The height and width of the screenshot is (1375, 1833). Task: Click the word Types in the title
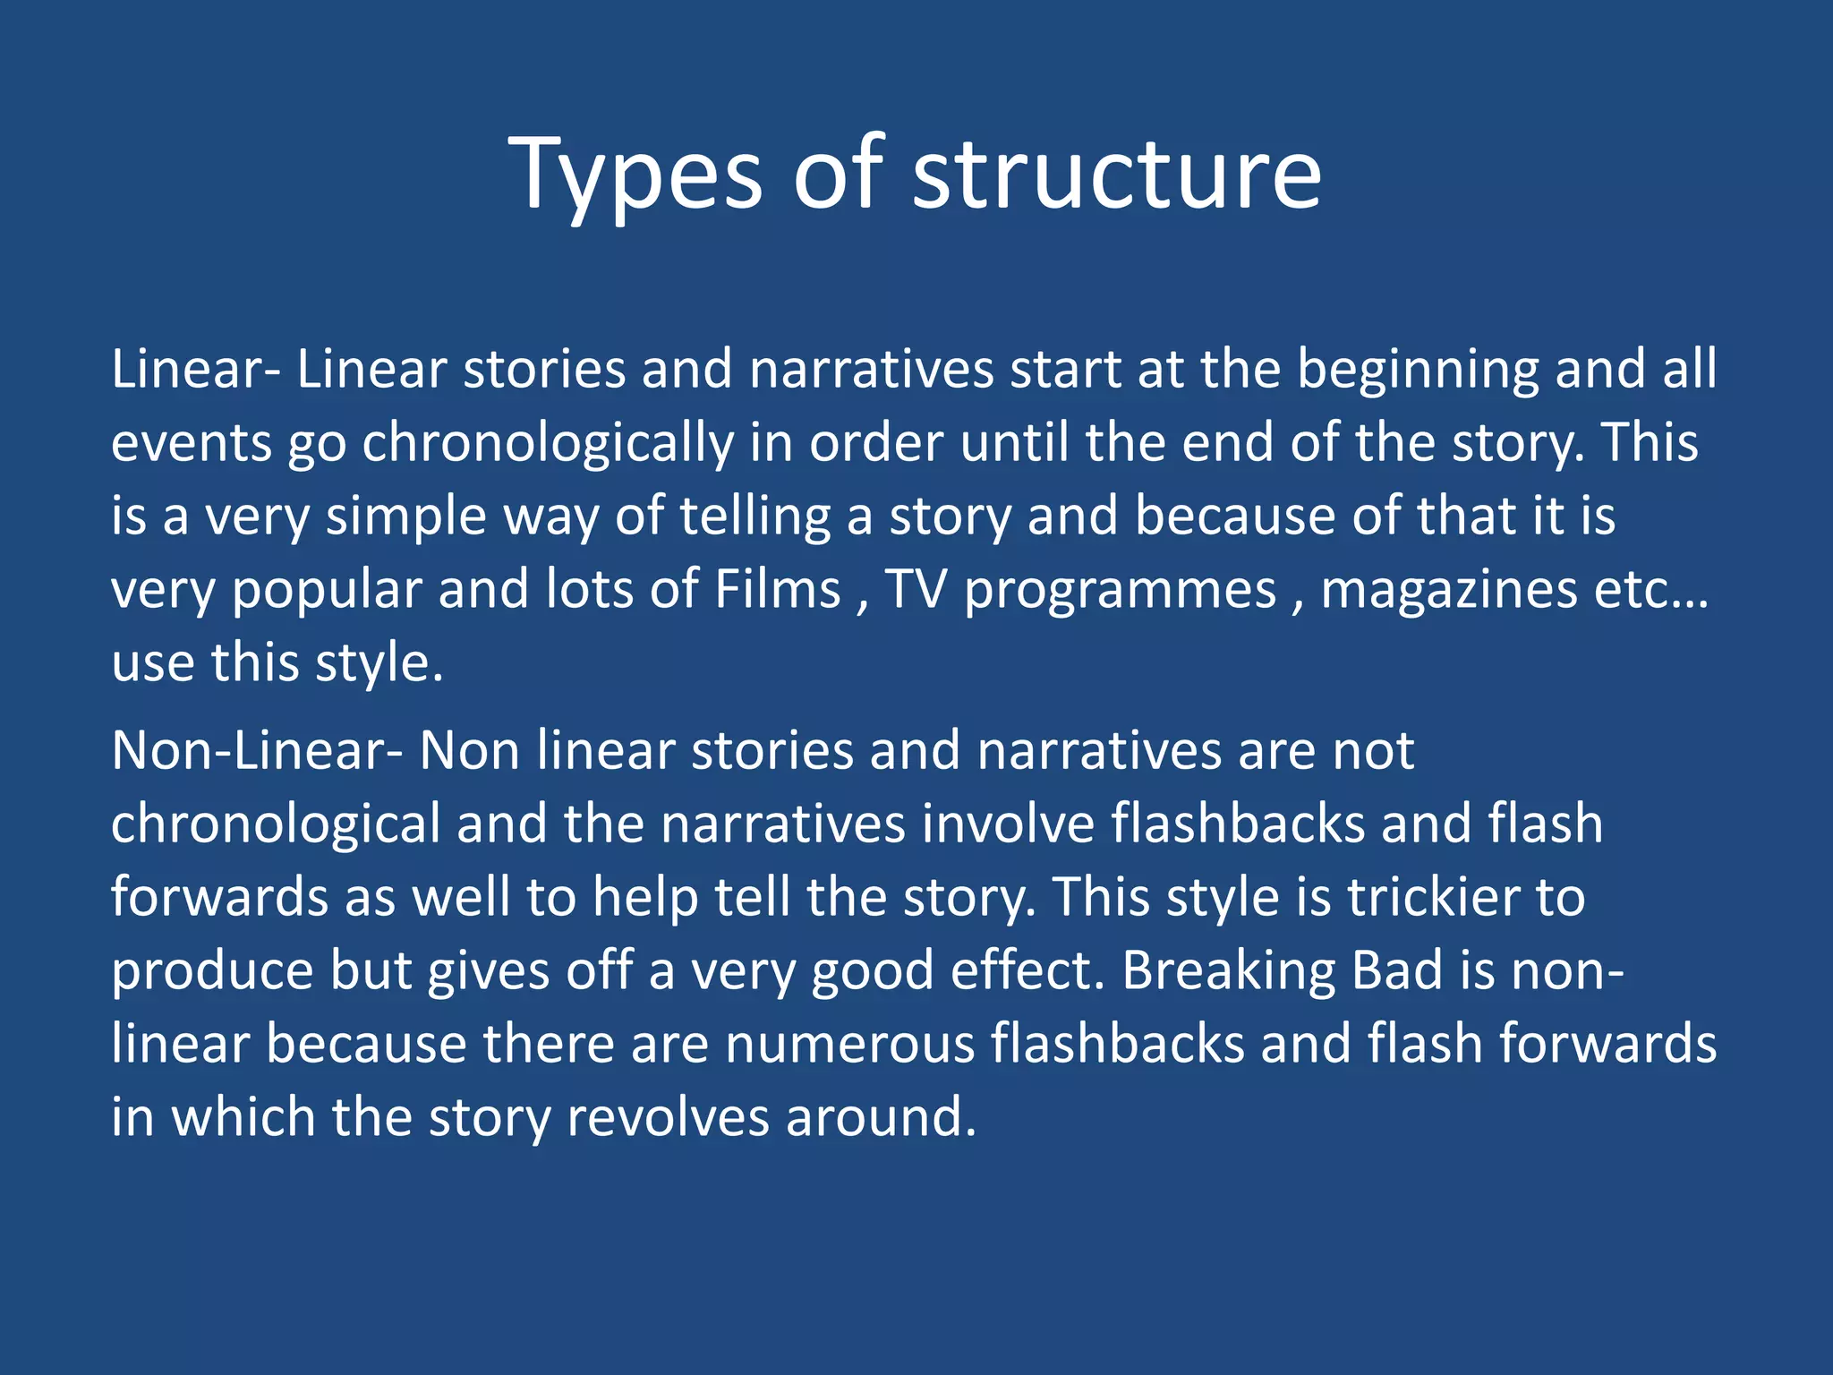[x=635, y=175]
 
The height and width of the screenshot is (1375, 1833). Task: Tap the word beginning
[x=1418, y=370]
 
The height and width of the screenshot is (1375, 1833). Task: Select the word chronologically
[x=548, y=444]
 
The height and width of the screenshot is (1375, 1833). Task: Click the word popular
[x=327, y=591]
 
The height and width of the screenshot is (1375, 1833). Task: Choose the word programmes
[x=1121, y=591]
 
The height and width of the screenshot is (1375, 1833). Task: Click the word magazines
[x=1449, y=591]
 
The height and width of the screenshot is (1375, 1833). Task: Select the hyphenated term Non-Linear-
[x=257, y=750]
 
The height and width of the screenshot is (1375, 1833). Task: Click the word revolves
[x=668, y=1118]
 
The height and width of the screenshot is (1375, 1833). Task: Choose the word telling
[x=755, y=517]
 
